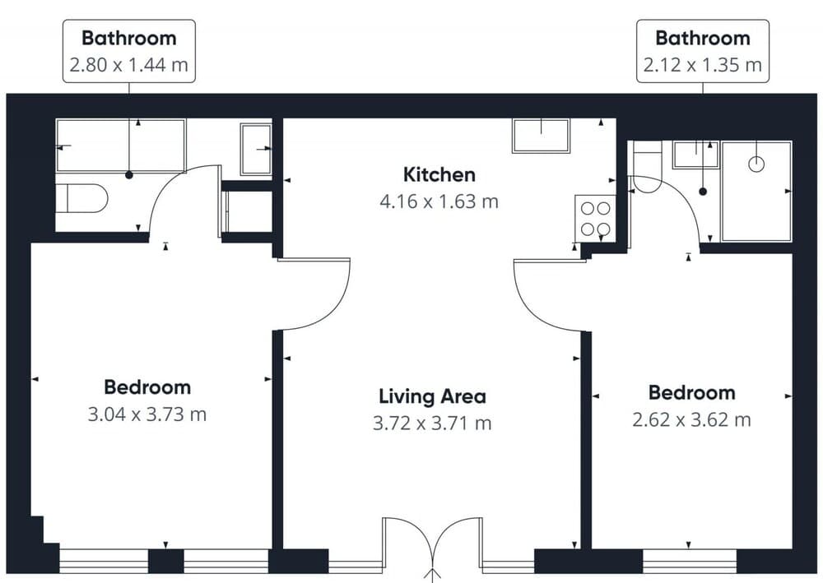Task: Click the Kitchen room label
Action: [439, 174]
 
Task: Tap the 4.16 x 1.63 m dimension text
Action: [439, 201]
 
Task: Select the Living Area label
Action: [432, 396]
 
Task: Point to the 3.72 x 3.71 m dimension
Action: [432, 423]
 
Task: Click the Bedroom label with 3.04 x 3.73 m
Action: [146, 387]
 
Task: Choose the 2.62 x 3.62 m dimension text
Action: [691, 419]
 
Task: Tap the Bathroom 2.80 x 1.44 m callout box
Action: [128, 51]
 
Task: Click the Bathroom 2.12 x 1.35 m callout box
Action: [702, 51]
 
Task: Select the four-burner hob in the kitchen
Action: [594, 218]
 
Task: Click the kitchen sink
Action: [541, 136]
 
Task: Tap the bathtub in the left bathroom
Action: [120, 146]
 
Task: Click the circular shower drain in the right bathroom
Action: [756, 164]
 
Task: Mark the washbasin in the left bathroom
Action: [255, 149]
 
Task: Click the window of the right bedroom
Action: [689, 561]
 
